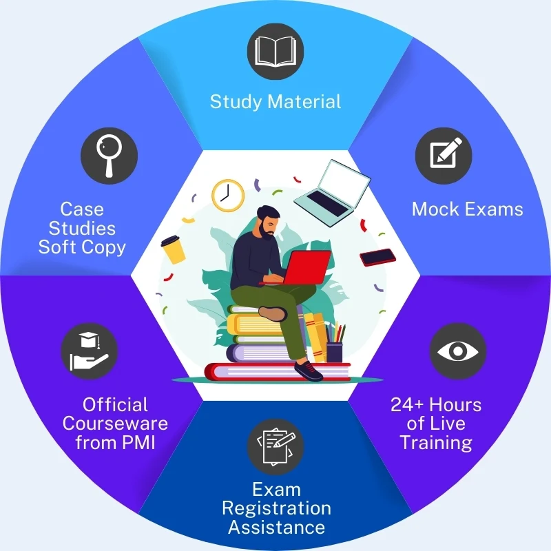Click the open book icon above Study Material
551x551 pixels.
pos(275,52)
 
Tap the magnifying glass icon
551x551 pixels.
pos(110,156)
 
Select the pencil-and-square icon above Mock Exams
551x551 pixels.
pos(444,156)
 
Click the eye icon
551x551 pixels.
pos(458,351)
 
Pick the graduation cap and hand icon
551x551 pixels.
pos(90,351)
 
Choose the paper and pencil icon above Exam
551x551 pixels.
pos(275,447)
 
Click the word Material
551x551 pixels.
pos(304,102)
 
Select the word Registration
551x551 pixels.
pos(277,508)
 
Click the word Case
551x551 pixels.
pos(82,209)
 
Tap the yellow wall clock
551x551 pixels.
pos(228,196)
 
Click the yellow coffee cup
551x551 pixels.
pos(174,249)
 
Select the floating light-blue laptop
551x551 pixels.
pos(333,193)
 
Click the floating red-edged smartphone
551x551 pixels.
pos(377,258)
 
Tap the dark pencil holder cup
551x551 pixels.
pos(334,352)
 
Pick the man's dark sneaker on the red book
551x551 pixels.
pos(308,371)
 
